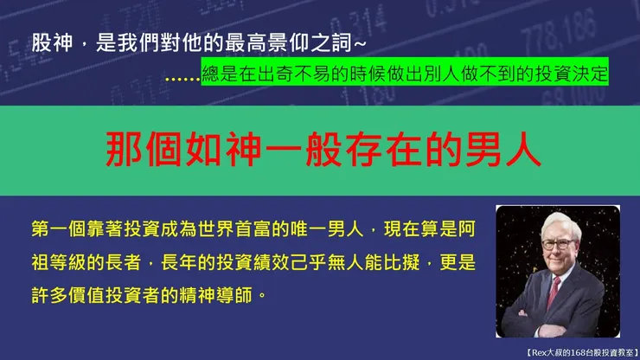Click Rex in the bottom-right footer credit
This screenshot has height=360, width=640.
tap(540, 351)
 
